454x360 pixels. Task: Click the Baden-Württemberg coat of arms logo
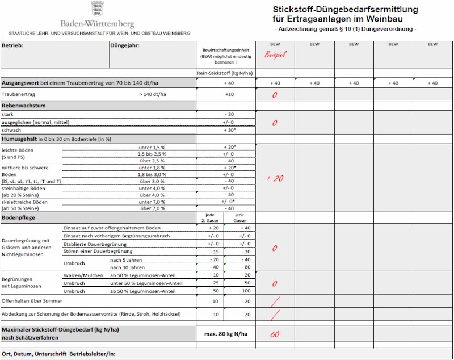coord(97,9)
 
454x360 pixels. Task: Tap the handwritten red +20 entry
coord(275,178)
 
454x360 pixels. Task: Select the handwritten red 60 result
coord(275,334)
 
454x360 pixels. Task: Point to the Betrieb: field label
coord(12,44)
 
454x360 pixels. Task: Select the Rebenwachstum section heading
coord(24,106)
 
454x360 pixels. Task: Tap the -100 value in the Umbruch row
coord(245,291)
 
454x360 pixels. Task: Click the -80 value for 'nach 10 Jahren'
coord(245,267)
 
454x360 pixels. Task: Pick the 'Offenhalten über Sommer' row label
coord(32,300)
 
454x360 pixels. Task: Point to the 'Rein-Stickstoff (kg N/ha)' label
coord(225,73)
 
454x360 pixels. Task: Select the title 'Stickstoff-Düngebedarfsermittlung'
coord(345,9)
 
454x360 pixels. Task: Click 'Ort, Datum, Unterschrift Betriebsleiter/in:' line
coord(58,354)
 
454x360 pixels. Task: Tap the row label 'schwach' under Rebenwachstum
coord(12,130)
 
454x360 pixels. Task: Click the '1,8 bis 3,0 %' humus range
coord(153,174)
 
